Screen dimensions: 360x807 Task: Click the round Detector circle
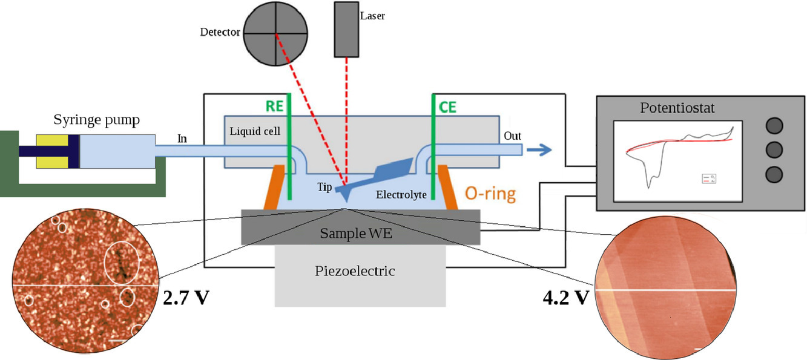click(276, 33)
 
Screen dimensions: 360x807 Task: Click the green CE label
click(448, 107)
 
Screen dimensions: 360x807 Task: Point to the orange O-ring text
click(490, 194)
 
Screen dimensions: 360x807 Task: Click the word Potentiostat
click(677, 109)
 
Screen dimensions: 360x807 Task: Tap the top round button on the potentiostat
click(774, 126)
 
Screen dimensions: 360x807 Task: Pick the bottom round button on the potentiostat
click(774, 174)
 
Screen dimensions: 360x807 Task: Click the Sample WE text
click(356, 233)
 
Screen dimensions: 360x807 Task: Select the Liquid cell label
click(254, 130)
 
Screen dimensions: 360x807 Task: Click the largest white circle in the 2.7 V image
click(122, 264)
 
